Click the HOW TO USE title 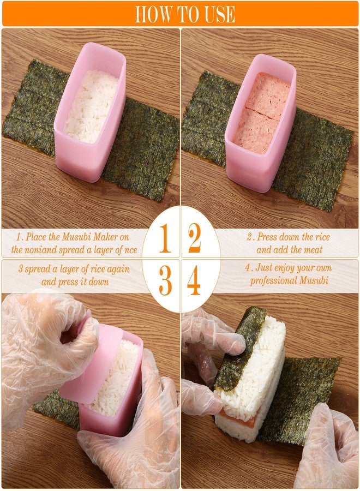click(185, 14)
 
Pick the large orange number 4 click(194, 282)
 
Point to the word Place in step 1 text click(39, 238)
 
